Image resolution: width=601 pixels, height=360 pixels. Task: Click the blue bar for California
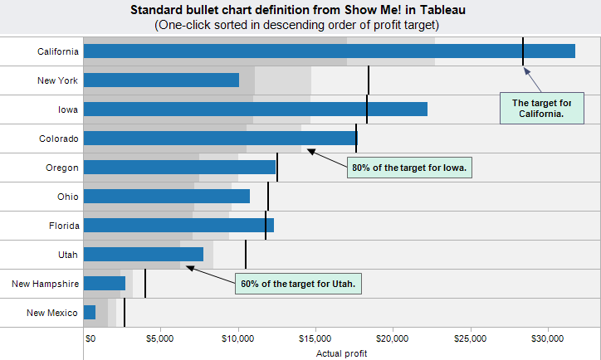click(330, 51)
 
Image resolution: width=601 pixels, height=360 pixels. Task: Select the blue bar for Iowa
click(256, 109)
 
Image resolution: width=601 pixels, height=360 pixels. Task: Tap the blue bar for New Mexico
click(90, 312)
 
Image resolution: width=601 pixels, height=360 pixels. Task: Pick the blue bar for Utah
click(144, 254)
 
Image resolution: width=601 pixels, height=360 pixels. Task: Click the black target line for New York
click(369, 80)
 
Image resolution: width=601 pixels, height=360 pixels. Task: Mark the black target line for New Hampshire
click(145, 283)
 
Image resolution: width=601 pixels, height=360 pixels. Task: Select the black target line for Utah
click(246, 254)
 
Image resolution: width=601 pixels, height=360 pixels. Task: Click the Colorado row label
click(59, 139)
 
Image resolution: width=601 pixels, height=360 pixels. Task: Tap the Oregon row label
click(62, 168)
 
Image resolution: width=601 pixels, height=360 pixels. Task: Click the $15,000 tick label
click(315, 338)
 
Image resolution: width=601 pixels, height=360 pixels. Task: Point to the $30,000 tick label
click(545, 338)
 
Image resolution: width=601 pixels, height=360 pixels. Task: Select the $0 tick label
click(90, 338)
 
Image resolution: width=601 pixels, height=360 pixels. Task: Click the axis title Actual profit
click(341, 353)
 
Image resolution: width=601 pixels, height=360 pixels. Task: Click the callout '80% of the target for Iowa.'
click(409, 168)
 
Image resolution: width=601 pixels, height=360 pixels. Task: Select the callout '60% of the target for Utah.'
click(298, 284)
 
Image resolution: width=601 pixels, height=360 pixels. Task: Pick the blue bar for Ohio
click(167, 196)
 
